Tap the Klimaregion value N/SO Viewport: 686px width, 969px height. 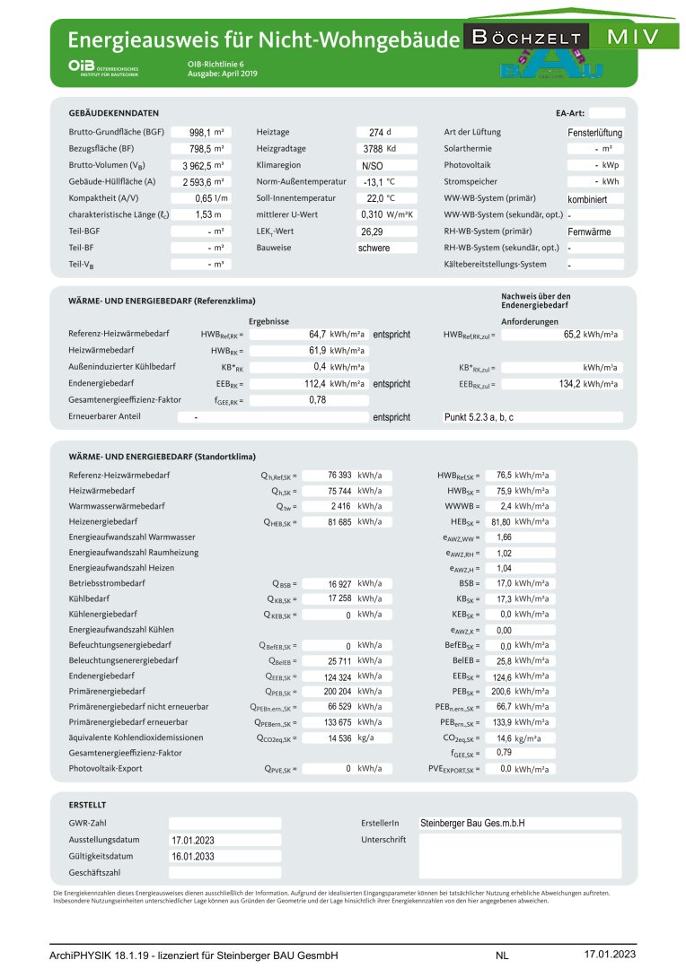click(372, 166)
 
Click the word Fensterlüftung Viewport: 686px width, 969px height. click(595, 132)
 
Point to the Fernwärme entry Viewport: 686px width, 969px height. click(589, 231)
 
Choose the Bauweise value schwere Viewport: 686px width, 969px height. click(374, 248)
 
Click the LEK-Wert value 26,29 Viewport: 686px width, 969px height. click(372, 231)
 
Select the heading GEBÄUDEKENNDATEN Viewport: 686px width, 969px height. click(114, 113)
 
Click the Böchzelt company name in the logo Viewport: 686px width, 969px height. click(528, 38)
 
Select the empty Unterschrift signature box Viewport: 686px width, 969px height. click(519, 855)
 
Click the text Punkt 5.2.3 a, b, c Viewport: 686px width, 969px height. click(479, 417)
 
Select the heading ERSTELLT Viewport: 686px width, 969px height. click(87, 805)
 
